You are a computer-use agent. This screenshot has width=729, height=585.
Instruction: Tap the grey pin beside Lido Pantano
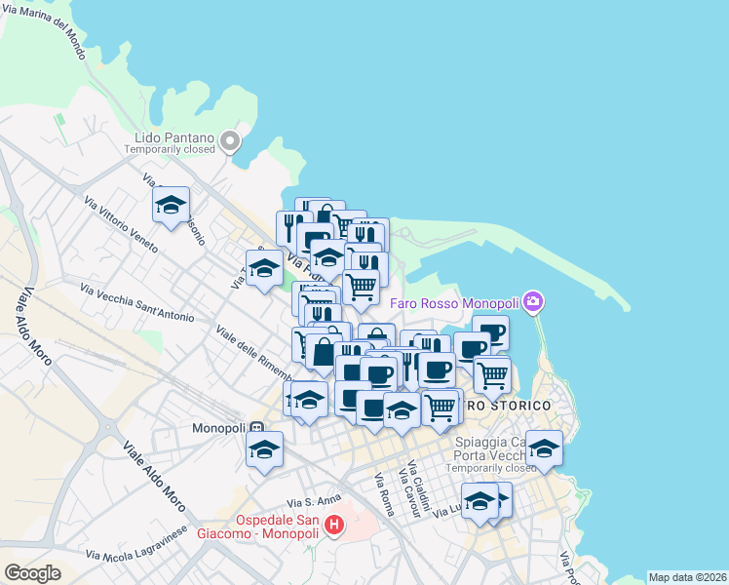click(x=230, y=142)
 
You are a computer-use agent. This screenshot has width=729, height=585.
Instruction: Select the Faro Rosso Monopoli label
click(x=454, y=302)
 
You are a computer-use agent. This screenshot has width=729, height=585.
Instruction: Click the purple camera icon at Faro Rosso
click(x=532, y=302)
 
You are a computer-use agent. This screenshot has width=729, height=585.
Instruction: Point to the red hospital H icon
click(x=334, y=527)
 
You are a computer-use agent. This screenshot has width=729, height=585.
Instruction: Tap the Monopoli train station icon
click(x=256, y=428)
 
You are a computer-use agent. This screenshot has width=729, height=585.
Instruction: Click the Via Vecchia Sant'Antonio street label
click(x=137, y=303)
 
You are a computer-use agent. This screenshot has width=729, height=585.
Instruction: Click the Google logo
click(x=32, y=573)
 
